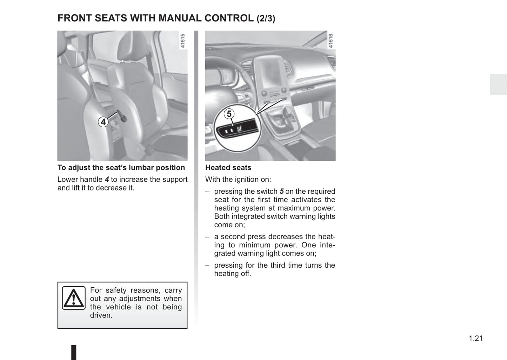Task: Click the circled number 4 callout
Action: pos(103,122)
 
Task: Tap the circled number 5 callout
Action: pos(229,114)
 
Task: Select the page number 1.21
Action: pos(475,338)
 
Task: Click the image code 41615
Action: pos(182,41)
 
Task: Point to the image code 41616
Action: pos(330,41)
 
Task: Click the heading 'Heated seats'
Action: pos(228,168)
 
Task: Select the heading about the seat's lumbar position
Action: pos(121,168)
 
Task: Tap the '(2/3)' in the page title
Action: pos(266,19)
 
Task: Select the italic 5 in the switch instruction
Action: pos(281,192)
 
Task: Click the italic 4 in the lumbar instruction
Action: pos(107,180)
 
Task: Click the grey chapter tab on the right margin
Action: pos(498,84)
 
